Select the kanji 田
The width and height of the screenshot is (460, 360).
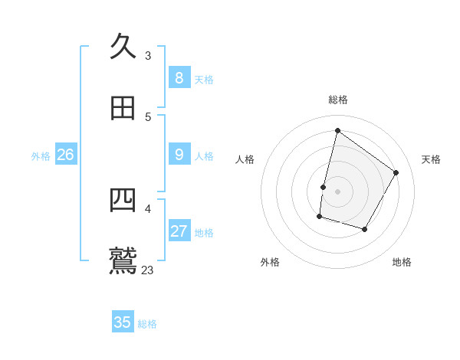123,108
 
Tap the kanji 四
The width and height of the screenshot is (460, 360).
123,200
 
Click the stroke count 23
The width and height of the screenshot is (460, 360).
148,270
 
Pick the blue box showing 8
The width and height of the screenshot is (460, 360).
179,78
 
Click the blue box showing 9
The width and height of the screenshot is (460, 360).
179,155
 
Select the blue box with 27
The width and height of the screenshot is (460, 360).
179,231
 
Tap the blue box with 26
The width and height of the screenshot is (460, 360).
65,155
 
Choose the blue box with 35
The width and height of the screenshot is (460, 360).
123,322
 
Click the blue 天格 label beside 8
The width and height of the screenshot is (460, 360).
204,79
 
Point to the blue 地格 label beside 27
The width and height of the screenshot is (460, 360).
204,232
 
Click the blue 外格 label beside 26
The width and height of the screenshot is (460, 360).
41,155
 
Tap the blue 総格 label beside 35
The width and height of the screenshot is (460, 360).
147,323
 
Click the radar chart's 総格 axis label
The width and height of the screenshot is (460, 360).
337,100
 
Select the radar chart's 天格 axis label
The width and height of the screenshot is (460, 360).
431,159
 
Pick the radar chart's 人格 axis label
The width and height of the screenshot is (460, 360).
245,159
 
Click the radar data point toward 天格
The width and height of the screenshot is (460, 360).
396,172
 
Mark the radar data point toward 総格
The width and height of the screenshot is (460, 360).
337,131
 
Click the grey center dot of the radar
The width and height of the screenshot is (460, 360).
337,191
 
